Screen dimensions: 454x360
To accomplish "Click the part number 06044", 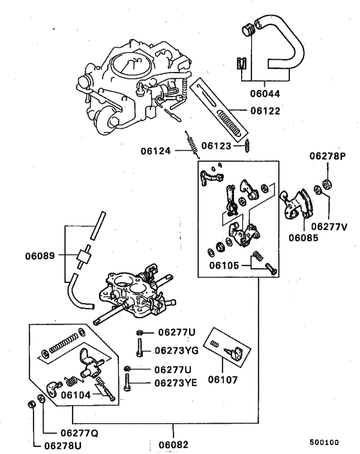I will point(265,93).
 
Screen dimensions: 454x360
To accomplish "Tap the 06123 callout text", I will point(217,145).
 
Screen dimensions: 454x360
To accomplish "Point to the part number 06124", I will point(157,152).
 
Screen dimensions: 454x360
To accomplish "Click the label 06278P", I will point(327,156).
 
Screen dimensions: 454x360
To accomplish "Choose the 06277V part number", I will point(329,226).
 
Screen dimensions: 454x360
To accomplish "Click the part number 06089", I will point(40,256).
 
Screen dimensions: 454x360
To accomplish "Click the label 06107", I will point(222,380).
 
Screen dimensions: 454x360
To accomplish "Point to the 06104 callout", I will point(76,396).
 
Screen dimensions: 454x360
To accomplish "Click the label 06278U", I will point(63,445).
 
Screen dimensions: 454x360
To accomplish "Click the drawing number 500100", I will point(324,442).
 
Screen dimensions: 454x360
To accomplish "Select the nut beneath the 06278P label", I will point(327,184).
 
